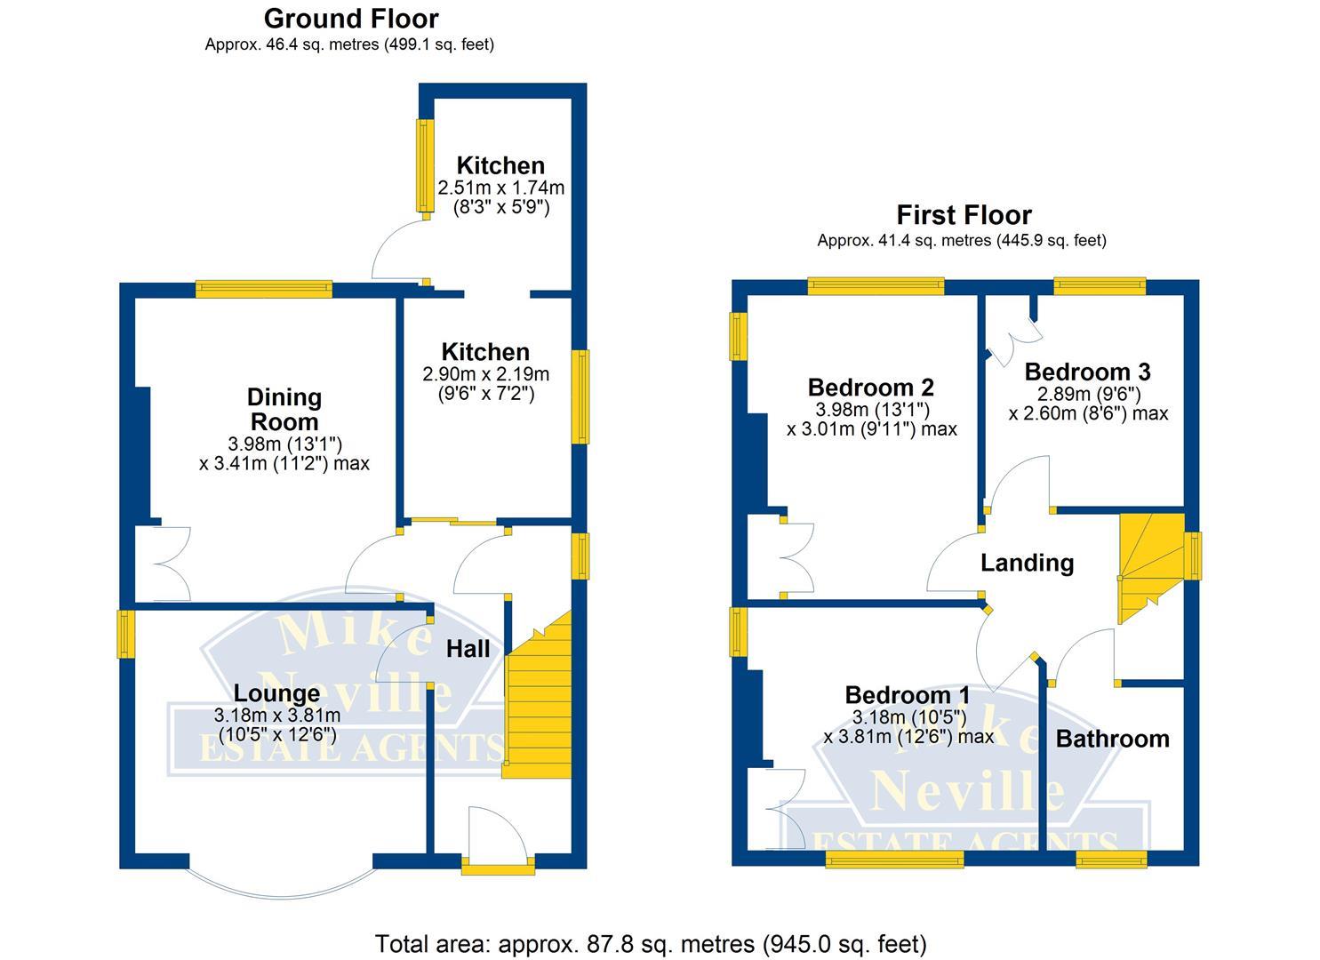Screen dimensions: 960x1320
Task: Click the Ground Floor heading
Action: coord(351,18)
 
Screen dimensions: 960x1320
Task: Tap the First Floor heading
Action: coord(964,215)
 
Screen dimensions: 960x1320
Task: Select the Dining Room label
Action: coord(284,409)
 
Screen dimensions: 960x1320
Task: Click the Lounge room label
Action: coord(276,693)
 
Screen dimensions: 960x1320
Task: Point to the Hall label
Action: coord(468,649)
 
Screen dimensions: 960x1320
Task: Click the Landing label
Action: coord(1027,563)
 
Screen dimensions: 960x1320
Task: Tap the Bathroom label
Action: coord(1112,739)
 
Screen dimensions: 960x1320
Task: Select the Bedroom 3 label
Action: coord(1087,372)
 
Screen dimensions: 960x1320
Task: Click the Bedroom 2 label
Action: coord(870,388)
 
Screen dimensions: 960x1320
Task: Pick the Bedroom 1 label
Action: coord(908,695)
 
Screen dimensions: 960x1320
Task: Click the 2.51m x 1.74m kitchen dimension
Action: coord(501,188)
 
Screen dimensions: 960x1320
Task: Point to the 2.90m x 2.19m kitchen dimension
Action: coord(485,374)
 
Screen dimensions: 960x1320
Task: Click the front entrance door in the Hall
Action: coord(498,840)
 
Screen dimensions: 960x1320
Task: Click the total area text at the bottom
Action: coord(651,943)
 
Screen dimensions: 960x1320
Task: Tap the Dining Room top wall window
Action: coord(264,289)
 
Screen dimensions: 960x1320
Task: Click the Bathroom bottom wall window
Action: coord(1111,859)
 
